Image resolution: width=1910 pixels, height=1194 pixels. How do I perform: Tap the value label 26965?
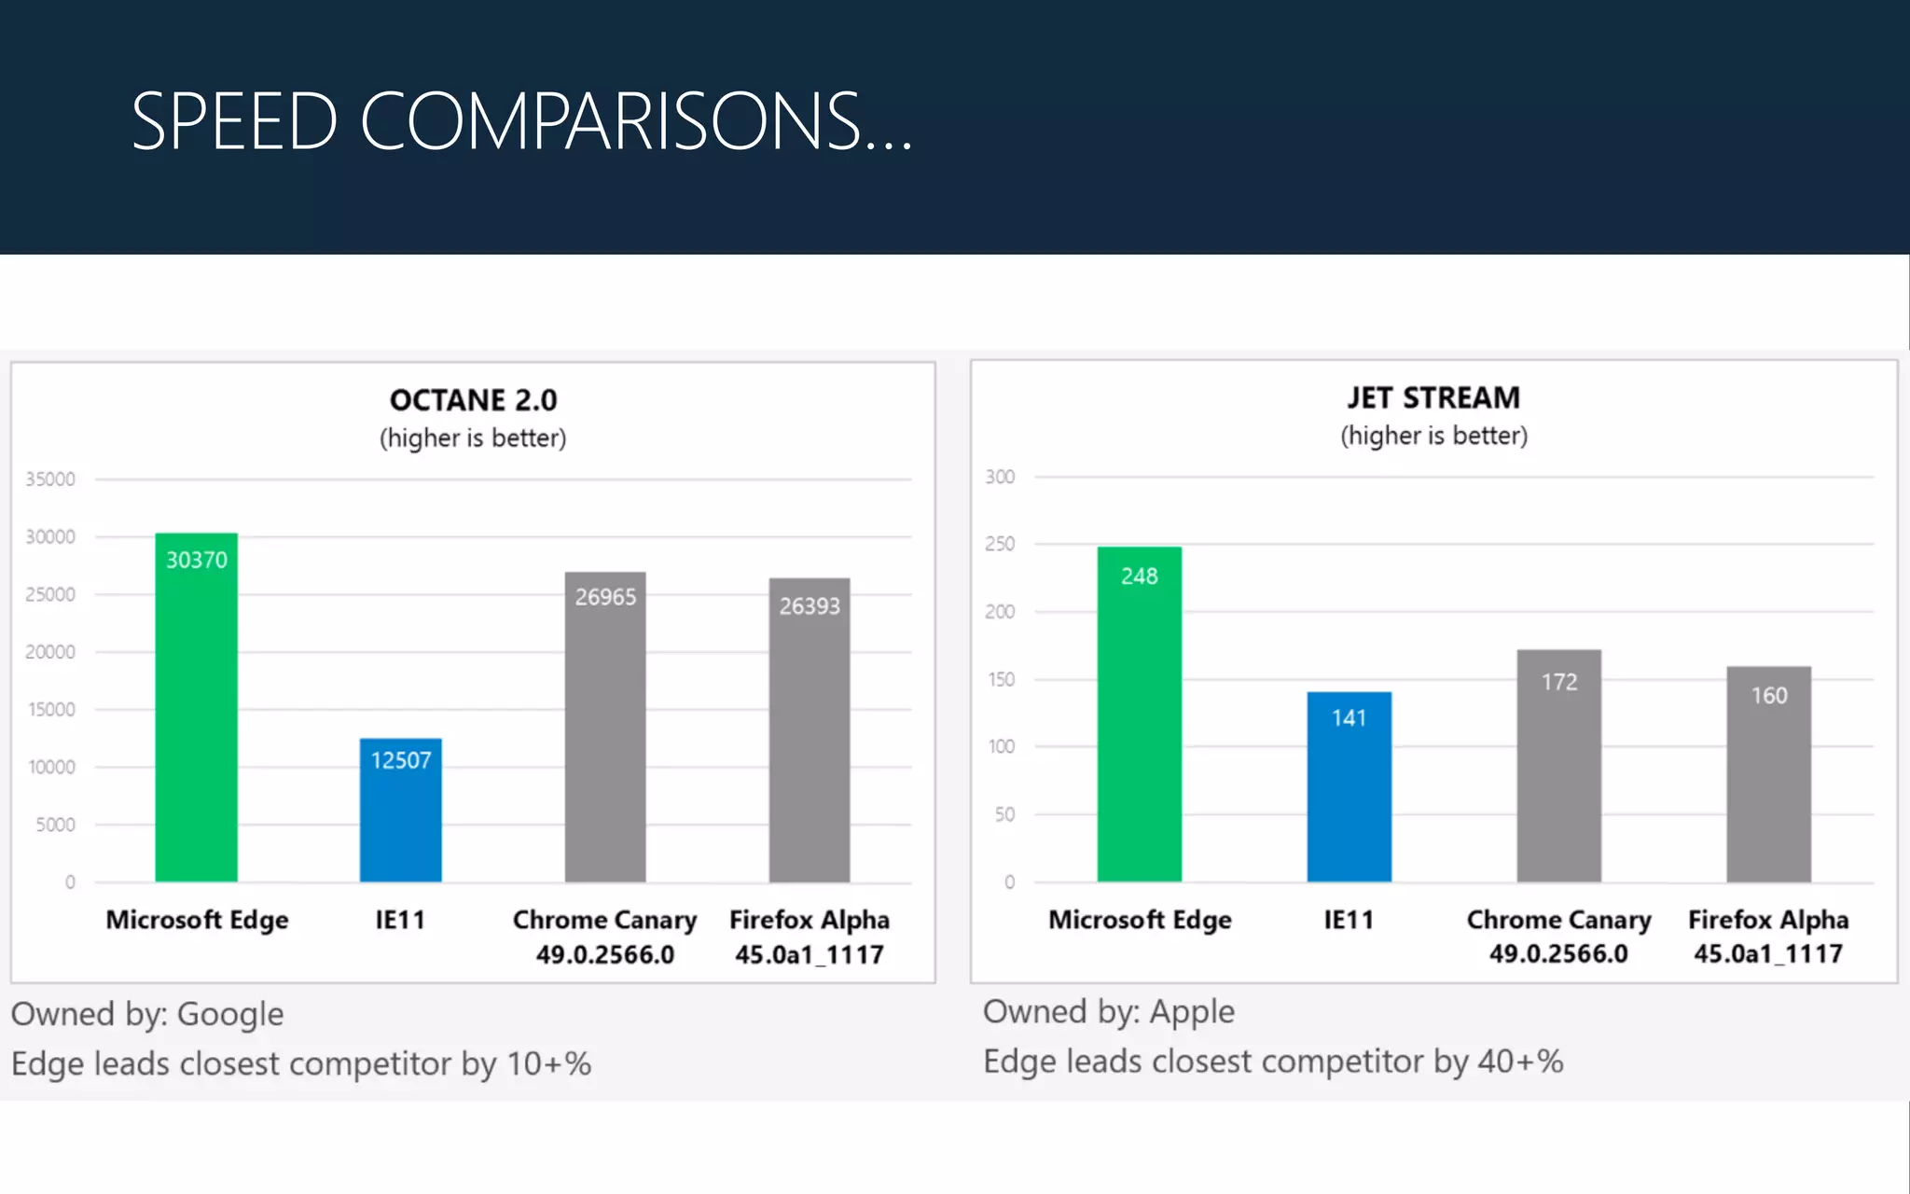tap(605, 597)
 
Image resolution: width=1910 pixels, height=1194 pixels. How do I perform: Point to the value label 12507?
tap(401, 760)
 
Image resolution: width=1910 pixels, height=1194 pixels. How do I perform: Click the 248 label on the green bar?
tap(1139, 576)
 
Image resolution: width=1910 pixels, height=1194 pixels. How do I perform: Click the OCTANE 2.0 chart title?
tap(473, 400)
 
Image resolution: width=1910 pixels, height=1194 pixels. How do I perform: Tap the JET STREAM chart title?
tap(1433, 398)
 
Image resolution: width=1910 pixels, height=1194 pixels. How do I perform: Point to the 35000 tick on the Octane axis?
tap(50, 479)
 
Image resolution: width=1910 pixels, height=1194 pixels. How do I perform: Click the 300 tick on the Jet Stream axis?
tap(1000, 477)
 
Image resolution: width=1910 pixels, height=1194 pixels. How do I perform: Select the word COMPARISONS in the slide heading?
tap(610, 121)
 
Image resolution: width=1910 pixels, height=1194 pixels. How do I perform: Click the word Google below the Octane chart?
tap(230, 1014)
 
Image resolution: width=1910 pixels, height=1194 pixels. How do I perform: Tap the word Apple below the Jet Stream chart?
tap(1192, 1012)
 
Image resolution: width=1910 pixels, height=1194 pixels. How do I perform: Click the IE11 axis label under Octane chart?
tap(400, 920)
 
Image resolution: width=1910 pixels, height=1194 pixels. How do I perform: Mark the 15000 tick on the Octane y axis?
tap(51, 710)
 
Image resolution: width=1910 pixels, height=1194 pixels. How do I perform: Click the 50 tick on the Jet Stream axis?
tap(1004, 814)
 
